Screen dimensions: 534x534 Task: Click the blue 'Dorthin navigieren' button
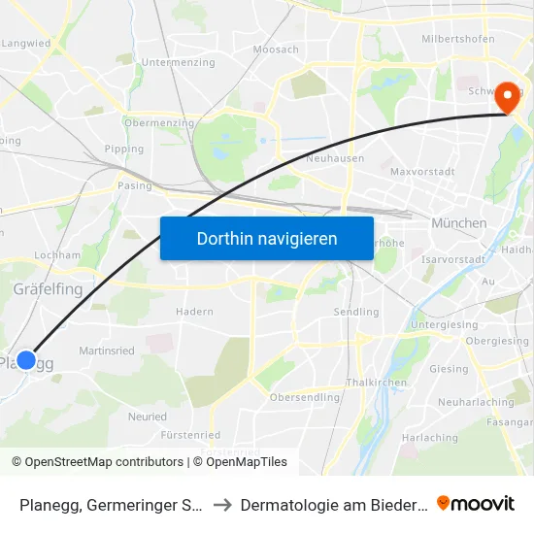267,238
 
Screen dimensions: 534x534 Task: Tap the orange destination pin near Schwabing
507,97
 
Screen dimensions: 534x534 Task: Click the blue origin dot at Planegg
26,360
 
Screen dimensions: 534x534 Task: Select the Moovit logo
476,503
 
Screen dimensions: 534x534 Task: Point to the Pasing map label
134,185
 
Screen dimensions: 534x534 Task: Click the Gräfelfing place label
48,289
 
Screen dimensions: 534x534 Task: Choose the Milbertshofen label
458,39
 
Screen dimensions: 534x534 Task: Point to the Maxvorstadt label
422,172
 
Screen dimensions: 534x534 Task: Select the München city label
459,223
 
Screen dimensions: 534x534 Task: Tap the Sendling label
356,312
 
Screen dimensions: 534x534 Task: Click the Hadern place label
194,312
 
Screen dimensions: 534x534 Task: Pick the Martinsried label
105,350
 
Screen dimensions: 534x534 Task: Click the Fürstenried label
190,435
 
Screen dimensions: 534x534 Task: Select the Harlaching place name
429,438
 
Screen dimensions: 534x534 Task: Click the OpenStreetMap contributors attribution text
97,462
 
